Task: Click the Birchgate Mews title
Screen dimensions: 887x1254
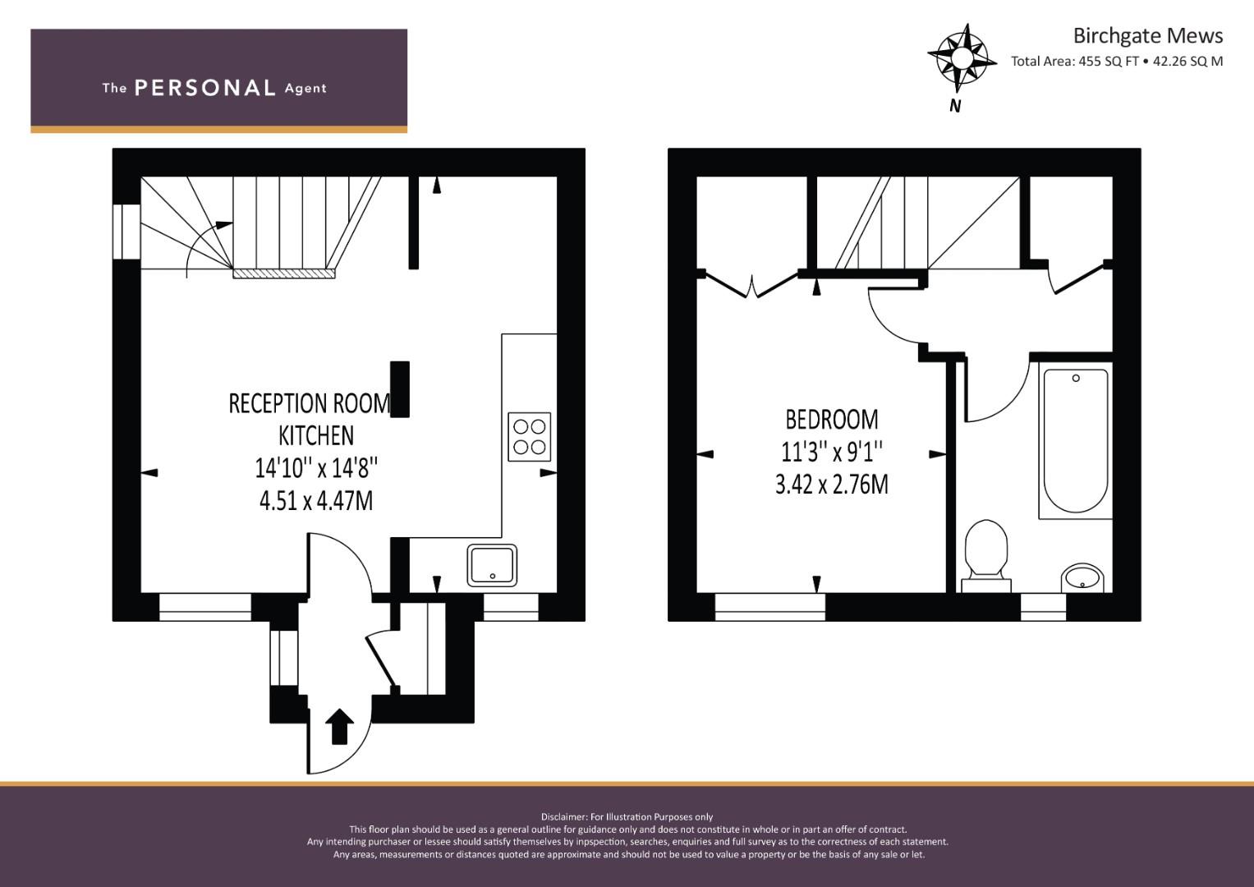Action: point(1147,36)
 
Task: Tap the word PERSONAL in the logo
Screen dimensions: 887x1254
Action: point(204,88)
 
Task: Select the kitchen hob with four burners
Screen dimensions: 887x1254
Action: point(529,436)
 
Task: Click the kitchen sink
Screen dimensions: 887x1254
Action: point(492,566)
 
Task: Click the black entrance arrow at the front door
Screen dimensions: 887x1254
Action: point(340,727)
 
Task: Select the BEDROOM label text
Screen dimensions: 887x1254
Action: point(831,420)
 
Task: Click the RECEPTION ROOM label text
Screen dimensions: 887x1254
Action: point(309,403)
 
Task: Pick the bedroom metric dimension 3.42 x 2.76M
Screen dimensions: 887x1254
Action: point(831,485)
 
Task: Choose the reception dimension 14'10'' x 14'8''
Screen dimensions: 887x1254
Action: point(316,468)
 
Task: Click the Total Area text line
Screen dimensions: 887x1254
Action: point(1116,61)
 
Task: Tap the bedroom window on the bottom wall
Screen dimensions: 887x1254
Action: point(769,606)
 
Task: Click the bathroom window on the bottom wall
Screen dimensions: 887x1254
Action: point(1042,606)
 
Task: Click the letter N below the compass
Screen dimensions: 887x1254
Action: point(955,106)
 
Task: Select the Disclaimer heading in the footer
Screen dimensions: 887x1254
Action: point(627,816)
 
